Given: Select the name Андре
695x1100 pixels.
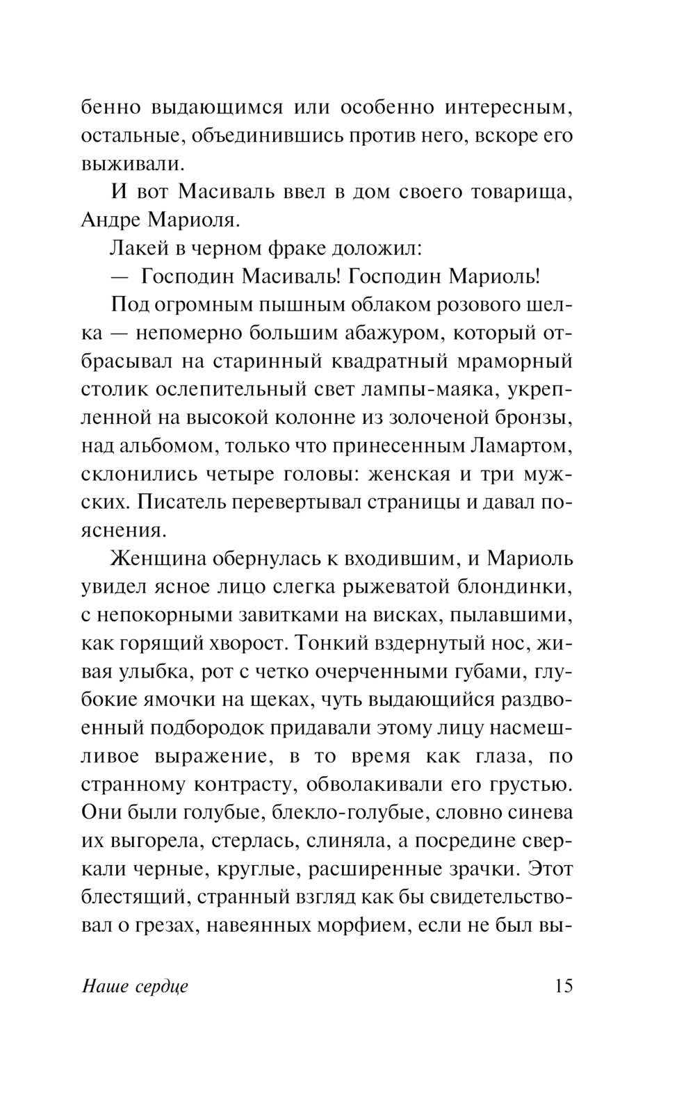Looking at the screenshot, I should [x=111, y=220].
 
